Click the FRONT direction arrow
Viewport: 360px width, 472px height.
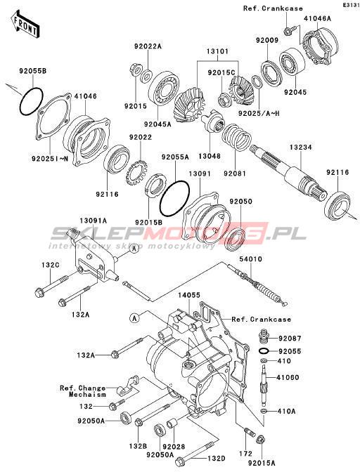click(25, 25)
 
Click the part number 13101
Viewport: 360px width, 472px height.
click(217, 51)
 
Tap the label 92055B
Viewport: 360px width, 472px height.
click(33, 71)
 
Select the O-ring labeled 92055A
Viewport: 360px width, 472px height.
click(174, 199)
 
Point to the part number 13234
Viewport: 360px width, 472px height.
click(301, 147)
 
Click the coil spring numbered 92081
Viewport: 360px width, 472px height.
click(236, 137)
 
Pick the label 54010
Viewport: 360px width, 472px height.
click(250, 259)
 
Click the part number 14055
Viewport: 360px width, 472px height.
click(189, 295)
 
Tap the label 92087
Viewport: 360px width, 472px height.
click(290, 339)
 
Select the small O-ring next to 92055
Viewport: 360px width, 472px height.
click(264, 351)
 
